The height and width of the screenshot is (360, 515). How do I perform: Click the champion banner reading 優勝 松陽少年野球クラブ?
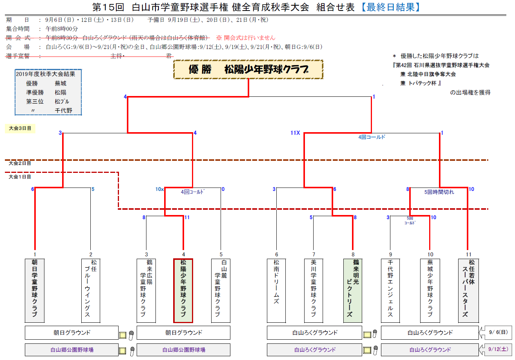248,69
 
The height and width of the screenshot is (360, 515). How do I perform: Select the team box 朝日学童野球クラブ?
35,290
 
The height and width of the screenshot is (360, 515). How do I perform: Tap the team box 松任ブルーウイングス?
91,290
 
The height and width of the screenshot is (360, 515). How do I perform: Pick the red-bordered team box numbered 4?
183,290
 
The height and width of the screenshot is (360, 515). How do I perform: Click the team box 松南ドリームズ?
276,290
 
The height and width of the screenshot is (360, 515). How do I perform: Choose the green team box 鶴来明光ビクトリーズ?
353,290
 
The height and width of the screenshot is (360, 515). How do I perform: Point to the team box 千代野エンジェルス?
390,290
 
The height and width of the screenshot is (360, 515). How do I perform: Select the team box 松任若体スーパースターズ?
468,290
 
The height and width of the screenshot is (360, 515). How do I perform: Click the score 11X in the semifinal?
295,133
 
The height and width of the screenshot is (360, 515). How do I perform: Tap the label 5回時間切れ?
439,192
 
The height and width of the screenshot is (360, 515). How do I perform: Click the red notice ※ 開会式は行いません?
245,38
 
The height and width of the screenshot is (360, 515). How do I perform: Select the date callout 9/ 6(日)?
498,332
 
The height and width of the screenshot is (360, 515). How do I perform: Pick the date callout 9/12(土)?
498,349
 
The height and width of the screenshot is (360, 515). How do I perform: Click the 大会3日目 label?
20,128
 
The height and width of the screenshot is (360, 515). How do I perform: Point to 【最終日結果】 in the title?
390,7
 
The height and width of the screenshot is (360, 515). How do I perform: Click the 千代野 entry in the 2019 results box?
63,110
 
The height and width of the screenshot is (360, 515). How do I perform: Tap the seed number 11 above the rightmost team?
468,255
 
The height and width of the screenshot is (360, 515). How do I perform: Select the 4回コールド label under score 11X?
372,137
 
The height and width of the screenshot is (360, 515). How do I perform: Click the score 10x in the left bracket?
159,189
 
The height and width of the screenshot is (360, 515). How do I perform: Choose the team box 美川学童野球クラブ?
314,290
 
